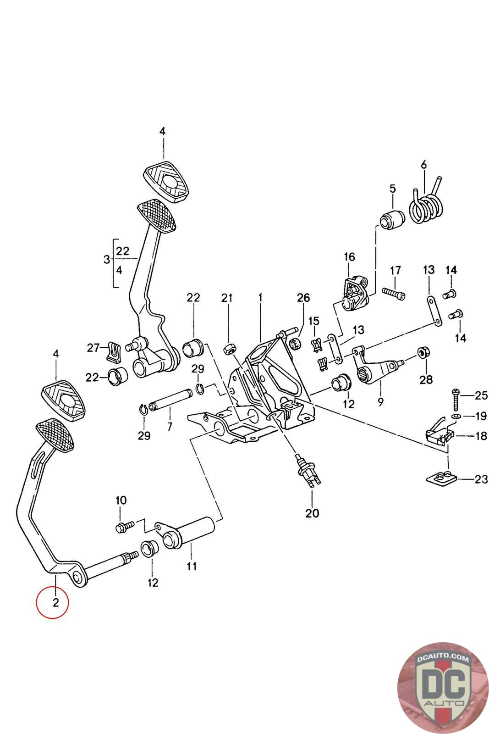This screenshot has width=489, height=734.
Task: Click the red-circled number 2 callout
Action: pyautogui.click(x=52, y=602)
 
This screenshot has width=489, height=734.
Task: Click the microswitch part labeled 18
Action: pyautogui.click(x=439, y=432)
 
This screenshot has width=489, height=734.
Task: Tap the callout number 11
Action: pyautogui.click(x=192, y=566)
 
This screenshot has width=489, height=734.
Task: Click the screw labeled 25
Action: pyautogui.click(x=455, y=400)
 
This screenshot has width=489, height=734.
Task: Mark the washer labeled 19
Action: pyautogui.click(x=455, y=416)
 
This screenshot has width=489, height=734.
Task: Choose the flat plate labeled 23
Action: pyautogui.click(x=440, y=478)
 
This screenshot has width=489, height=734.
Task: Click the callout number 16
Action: pyautogui.click(x=349, y=256)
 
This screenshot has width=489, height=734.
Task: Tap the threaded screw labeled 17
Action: pyautogui.click(x=393, y=293)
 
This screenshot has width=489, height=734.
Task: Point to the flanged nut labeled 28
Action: pyautogui.click(x=423, y=353)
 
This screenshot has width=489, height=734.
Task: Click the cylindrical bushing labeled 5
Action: pyautogui.click(x=392, y=219)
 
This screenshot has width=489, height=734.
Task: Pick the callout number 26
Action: pyautogui.click(x=303, y=298)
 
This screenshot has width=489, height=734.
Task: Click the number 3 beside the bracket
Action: pyautogui.click(x=107, y=259)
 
